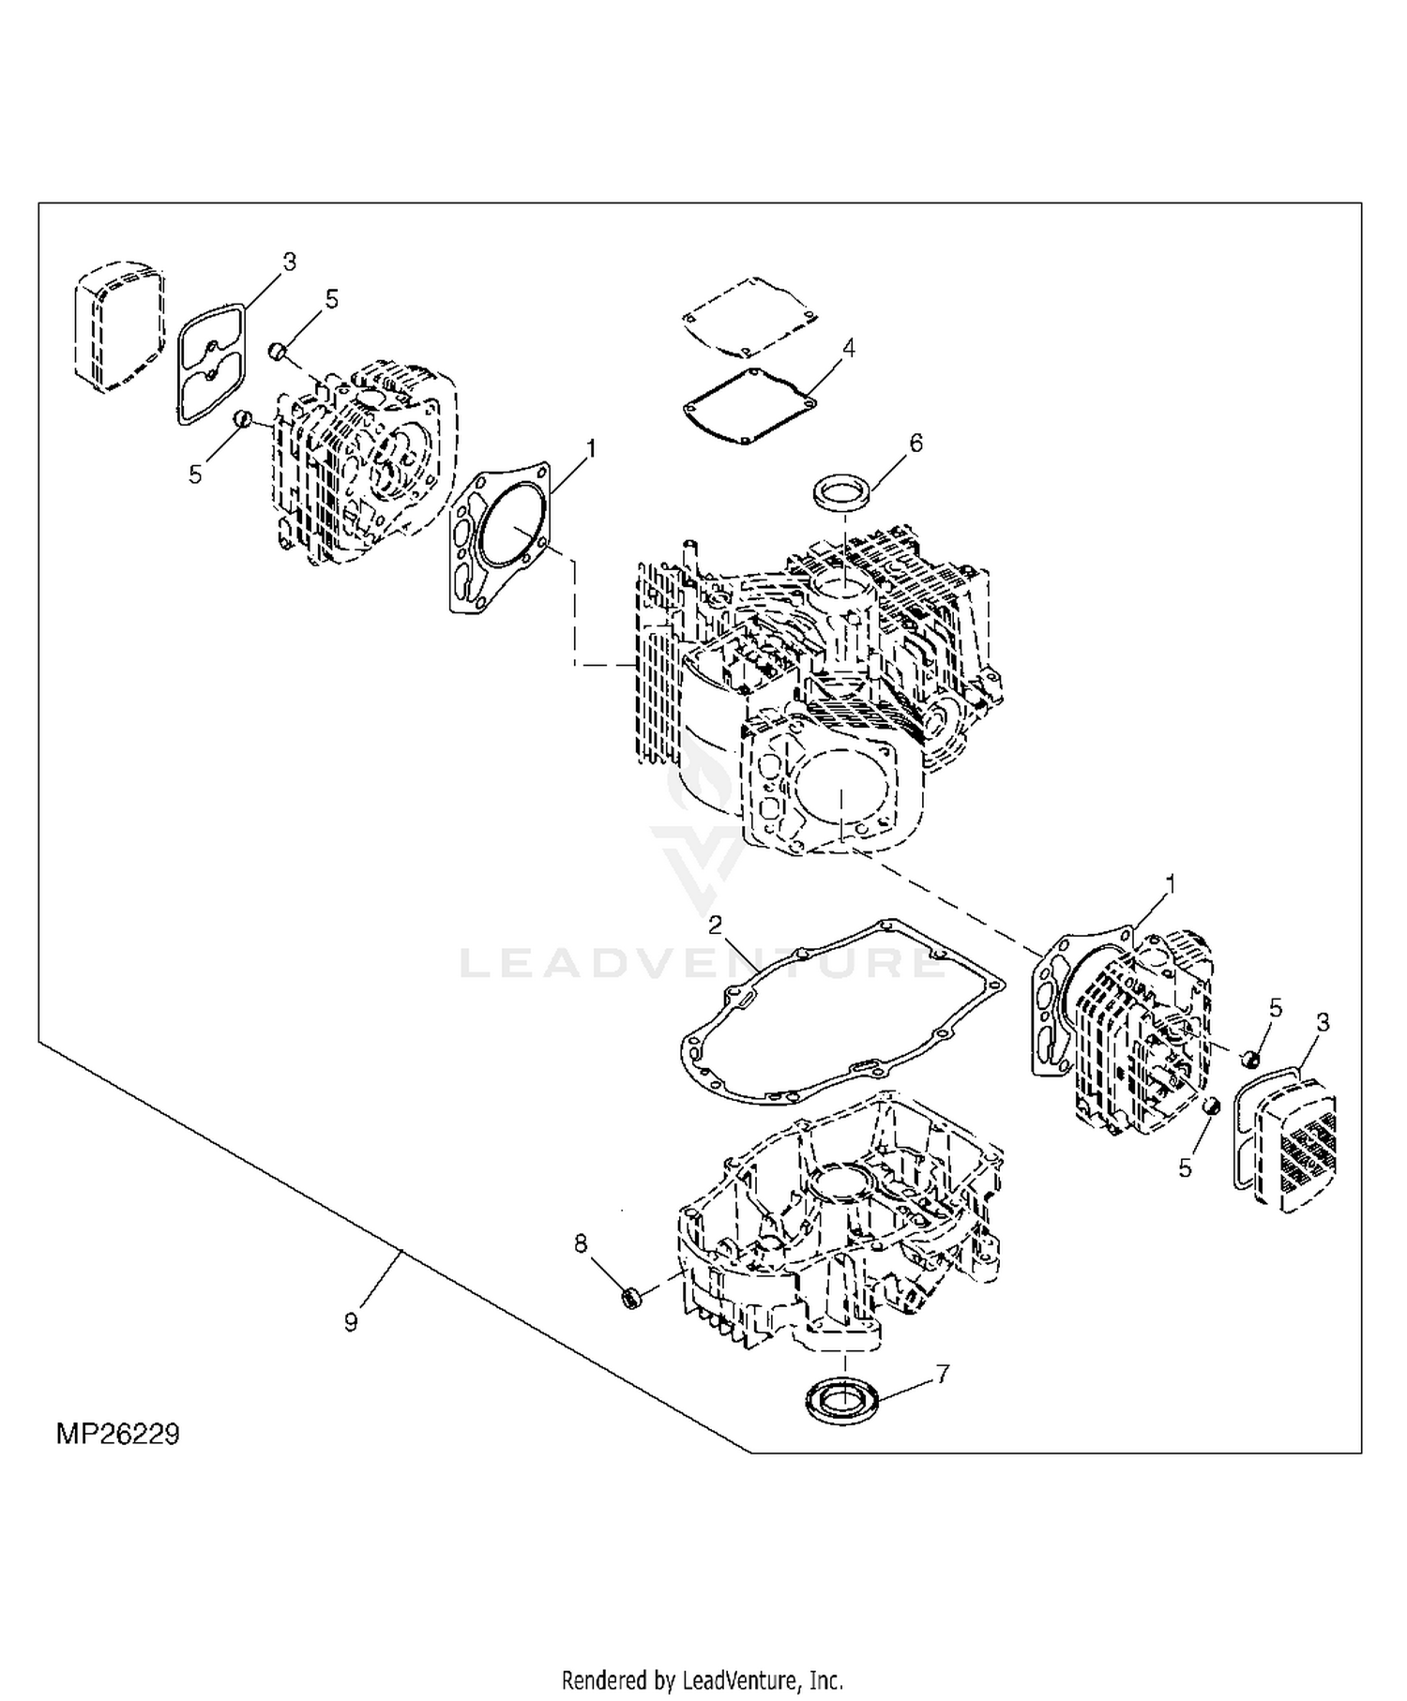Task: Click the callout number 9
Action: [351, 1322]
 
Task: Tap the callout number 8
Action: [581, 1243]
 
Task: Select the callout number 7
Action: [943, 1374]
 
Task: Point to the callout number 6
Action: [916, 443]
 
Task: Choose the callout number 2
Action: [716, 926]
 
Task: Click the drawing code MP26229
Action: [117, 1434]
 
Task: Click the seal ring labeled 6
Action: [842, 491]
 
